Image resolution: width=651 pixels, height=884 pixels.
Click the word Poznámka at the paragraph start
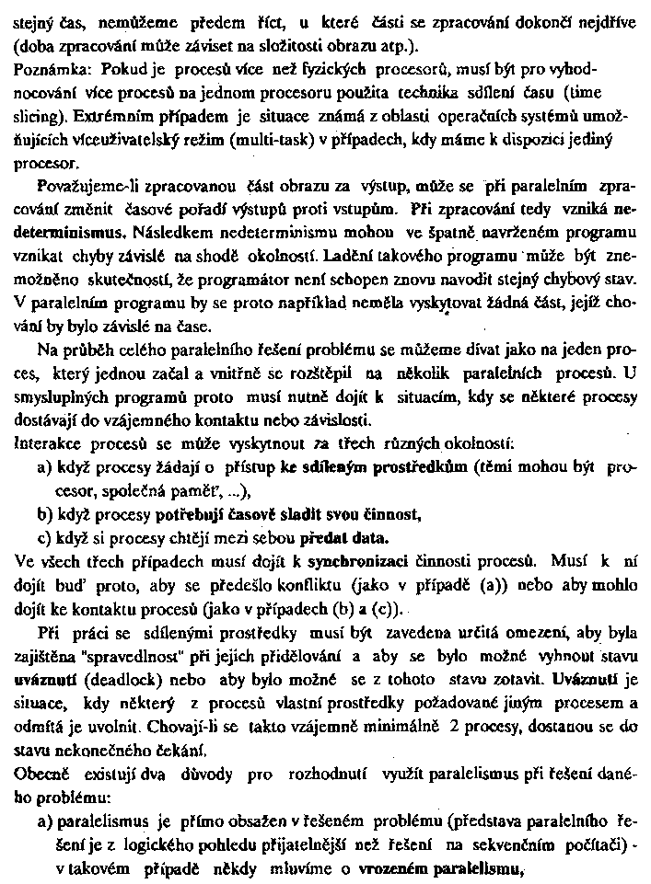(49, 69)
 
